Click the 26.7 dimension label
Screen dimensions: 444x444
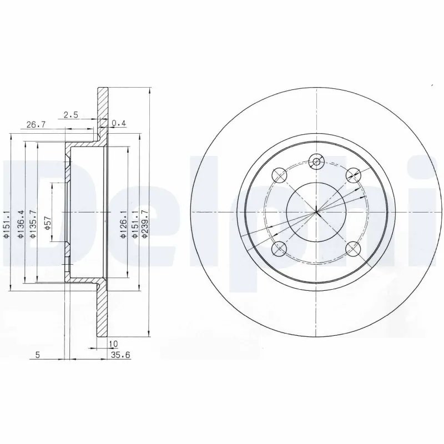(36, 125)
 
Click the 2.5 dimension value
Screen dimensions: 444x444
(70, 115)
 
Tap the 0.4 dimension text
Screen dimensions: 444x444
(119, 123)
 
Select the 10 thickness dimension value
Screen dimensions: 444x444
(114, 344)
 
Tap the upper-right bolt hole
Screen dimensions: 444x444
(352, 174)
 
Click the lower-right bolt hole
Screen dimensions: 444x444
(352, 249)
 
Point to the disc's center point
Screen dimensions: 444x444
(316, 211)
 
